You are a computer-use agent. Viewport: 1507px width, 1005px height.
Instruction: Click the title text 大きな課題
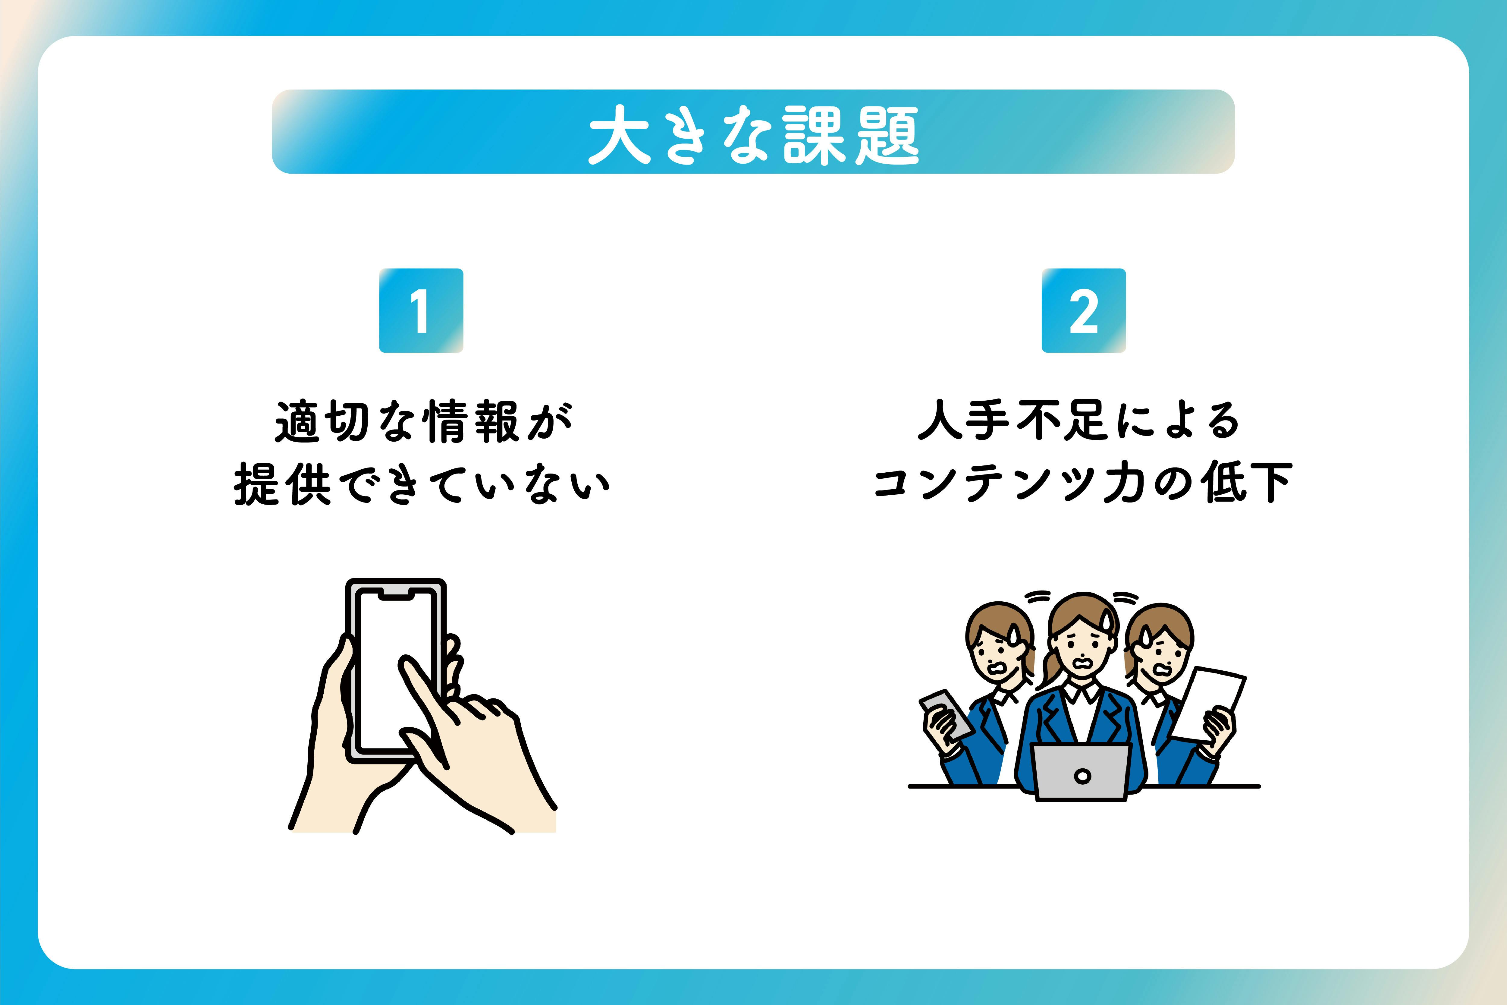753,135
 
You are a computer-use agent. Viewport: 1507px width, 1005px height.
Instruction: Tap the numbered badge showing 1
421,310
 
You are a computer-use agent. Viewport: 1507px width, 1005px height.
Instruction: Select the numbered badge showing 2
1084,310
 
